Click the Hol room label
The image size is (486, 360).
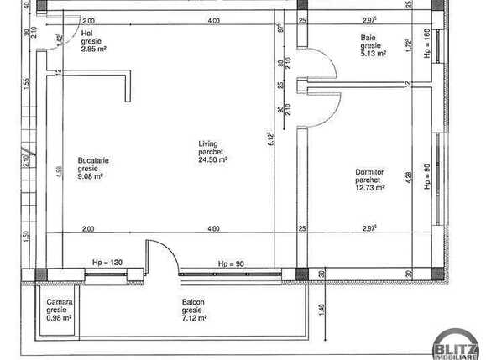[88, 34]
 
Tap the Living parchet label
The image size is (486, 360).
[208, 143]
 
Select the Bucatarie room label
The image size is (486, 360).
[93, 160]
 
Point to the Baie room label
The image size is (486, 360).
[368, 37]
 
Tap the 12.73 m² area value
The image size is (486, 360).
[370, 188]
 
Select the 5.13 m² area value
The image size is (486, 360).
[374, 53]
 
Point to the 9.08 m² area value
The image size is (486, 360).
[91, 176]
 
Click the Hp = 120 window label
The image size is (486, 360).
[107, 263]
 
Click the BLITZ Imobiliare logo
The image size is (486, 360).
[455, 345]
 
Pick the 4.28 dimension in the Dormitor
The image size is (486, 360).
[408, 181]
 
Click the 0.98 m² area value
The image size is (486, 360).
[60, 317]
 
